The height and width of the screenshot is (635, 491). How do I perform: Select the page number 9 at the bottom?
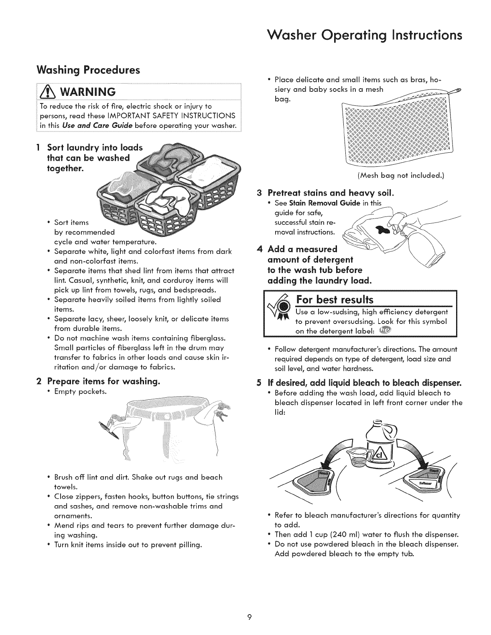pyautogui.click(x=249, y=617)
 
